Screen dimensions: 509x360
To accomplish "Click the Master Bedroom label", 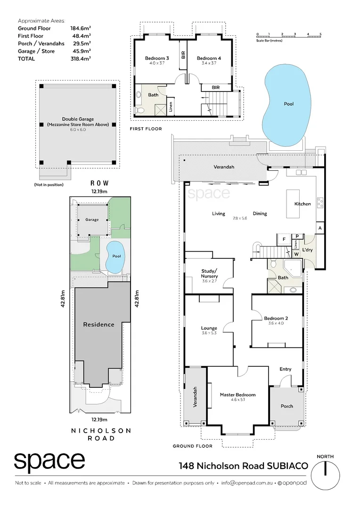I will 237,395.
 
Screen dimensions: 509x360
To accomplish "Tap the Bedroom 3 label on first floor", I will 156,58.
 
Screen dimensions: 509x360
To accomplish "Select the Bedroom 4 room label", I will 208,58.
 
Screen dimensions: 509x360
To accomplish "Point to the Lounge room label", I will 209,328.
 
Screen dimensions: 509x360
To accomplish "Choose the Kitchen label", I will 303,204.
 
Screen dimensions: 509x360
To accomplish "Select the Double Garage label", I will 78,119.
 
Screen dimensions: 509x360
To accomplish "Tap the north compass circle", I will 326,476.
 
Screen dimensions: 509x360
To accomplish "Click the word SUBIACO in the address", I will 288,466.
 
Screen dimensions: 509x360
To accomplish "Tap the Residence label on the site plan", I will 98,324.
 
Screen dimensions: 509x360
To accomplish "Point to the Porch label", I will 286,406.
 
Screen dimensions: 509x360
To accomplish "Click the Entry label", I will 285,369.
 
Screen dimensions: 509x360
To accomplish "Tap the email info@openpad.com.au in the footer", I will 247,483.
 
